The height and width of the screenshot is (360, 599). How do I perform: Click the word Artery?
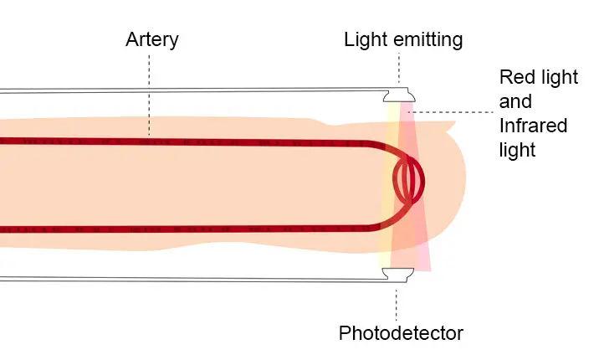pyautogui.click(x=151, y=39)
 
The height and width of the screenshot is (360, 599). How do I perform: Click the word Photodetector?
pyautogui.click(x=401, y=333)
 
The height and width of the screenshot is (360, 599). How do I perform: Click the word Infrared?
pyautogui.click(x=533, y=126)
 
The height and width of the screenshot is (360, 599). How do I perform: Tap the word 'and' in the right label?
pyautogui.click(x=515, y=102)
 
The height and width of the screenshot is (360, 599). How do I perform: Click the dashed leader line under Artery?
pyautogui.click(x=150, y=92)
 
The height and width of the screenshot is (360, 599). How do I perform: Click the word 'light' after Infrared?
pyautogui.click(x=517, y=151)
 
